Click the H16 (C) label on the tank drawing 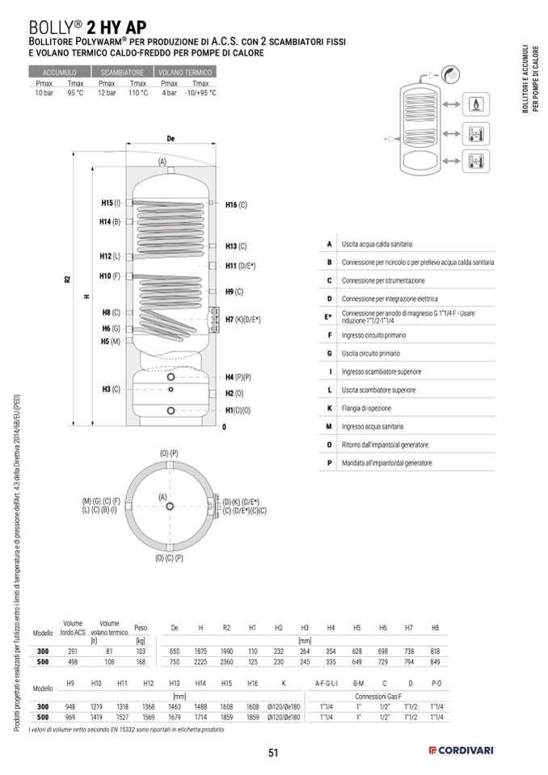[x=235, y=205]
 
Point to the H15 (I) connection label [x=110, y=203]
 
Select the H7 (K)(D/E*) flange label [x=242, y=319]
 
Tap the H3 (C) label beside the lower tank [x=111, y=390]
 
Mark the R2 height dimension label [x=67, y=280]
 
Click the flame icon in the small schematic [x=474, y=105]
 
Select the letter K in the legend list [x=329, y=408]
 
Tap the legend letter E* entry [x=329, y=316]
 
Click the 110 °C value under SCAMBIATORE [x=137, y=93]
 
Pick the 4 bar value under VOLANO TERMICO [x=169, y=93]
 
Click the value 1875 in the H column [x=200, y=651]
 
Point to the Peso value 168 [x=141, y=661]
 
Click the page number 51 [x=273, y=753]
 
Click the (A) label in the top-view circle [x=162, y=496]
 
